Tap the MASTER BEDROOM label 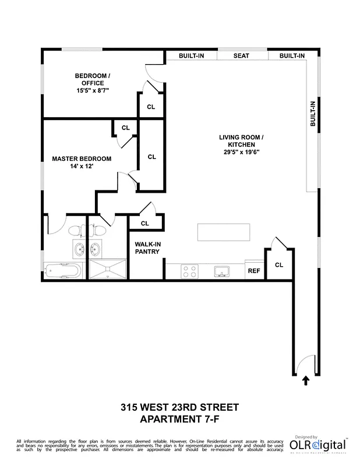click(x=82, y=158)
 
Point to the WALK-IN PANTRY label click(x=147, y=248)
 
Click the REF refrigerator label click(x=254, y=271)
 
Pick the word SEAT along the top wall click(x=241, y=56)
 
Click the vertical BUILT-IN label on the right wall click(x=313, y=114)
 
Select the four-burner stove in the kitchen click(x=189, y=271)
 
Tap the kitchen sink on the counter click(x=222, y=271)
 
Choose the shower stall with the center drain click(x=107, y=270)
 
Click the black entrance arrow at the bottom click(x=306, y=382)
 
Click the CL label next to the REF click(x=278, y=265)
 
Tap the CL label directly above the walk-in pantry click(x=145, y=223)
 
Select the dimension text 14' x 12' click(x=81, y=167)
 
